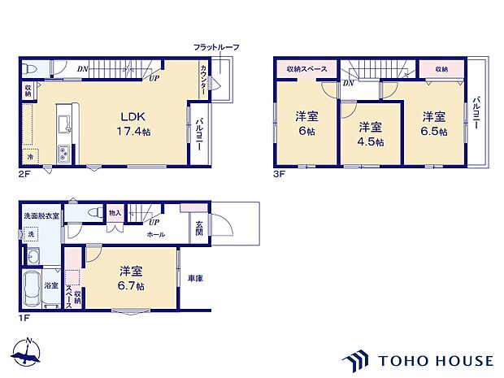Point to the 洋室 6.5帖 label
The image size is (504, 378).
pyautogui.click(x=433, y=123)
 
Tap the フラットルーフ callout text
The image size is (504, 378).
pyautogui.click(x=215, y=47)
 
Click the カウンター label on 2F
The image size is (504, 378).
pyautogui.click(x=202, y=81)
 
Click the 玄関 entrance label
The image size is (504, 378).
pyautogui.click(x=198, y=230)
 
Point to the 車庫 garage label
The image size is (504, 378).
pyautogui.click(x=195, y=278)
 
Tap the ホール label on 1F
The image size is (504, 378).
pyautogui.click(x=155, y=234)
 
